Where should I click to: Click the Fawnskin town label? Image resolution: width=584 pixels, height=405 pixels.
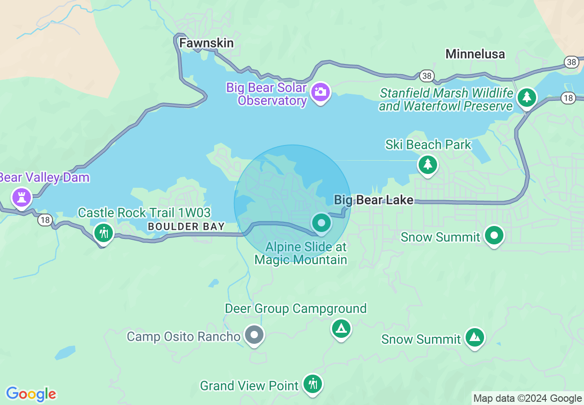point(206,43)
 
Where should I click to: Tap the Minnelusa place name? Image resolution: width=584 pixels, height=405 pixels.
point(475,54)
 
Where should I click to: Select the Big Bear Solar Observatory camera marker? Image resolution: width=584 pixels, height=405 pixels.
point(320,92)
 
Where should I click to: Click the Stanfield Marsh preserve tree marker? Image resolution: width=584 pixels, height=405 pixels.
point(526,97)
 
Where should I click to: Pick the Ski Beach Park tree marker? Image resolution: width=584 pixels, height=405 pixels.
point(427,164)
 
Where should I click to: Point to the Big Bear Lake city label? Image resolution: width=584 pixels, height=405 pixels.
point(374,200)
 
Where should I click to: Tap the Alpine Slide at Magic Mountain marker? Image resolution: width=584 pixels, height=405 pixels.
point(321,223)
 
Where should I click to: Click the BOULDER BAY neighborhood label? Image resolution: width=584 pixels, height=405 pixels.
point(186,226)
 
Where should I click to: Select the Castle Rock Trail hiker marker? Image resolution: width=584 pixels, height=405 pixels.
point(103,233)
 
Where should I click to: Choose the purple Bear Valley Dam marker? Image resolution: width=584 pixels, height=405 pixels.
point(21,197)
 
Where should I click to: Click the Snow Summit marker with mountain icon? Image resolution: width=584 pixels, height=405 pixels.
point(474,338)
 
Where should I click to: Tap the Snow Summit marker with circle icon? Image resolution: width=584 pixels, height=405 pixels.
point(494,236)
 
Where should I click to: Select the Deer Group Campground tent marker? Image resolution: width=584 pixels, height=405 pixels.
point(341,328)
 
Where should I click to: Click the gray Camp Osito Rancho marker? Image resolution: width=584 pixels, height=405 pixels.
point(254,335)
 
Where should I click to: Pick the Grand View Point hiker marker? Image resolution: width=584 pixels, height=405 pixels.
point(313,383)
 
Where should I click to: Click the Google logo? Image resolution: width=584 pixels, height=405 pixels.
point(31,394)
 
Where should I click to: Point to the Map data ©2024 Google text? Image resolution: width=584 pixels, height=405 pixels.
point(527,399)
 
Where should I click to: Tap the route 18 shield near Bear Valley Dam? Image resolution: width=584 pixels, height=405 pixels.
point(45,220)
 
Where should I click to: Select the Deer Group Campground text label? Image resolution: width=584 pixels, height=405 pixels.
point(295,308)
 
